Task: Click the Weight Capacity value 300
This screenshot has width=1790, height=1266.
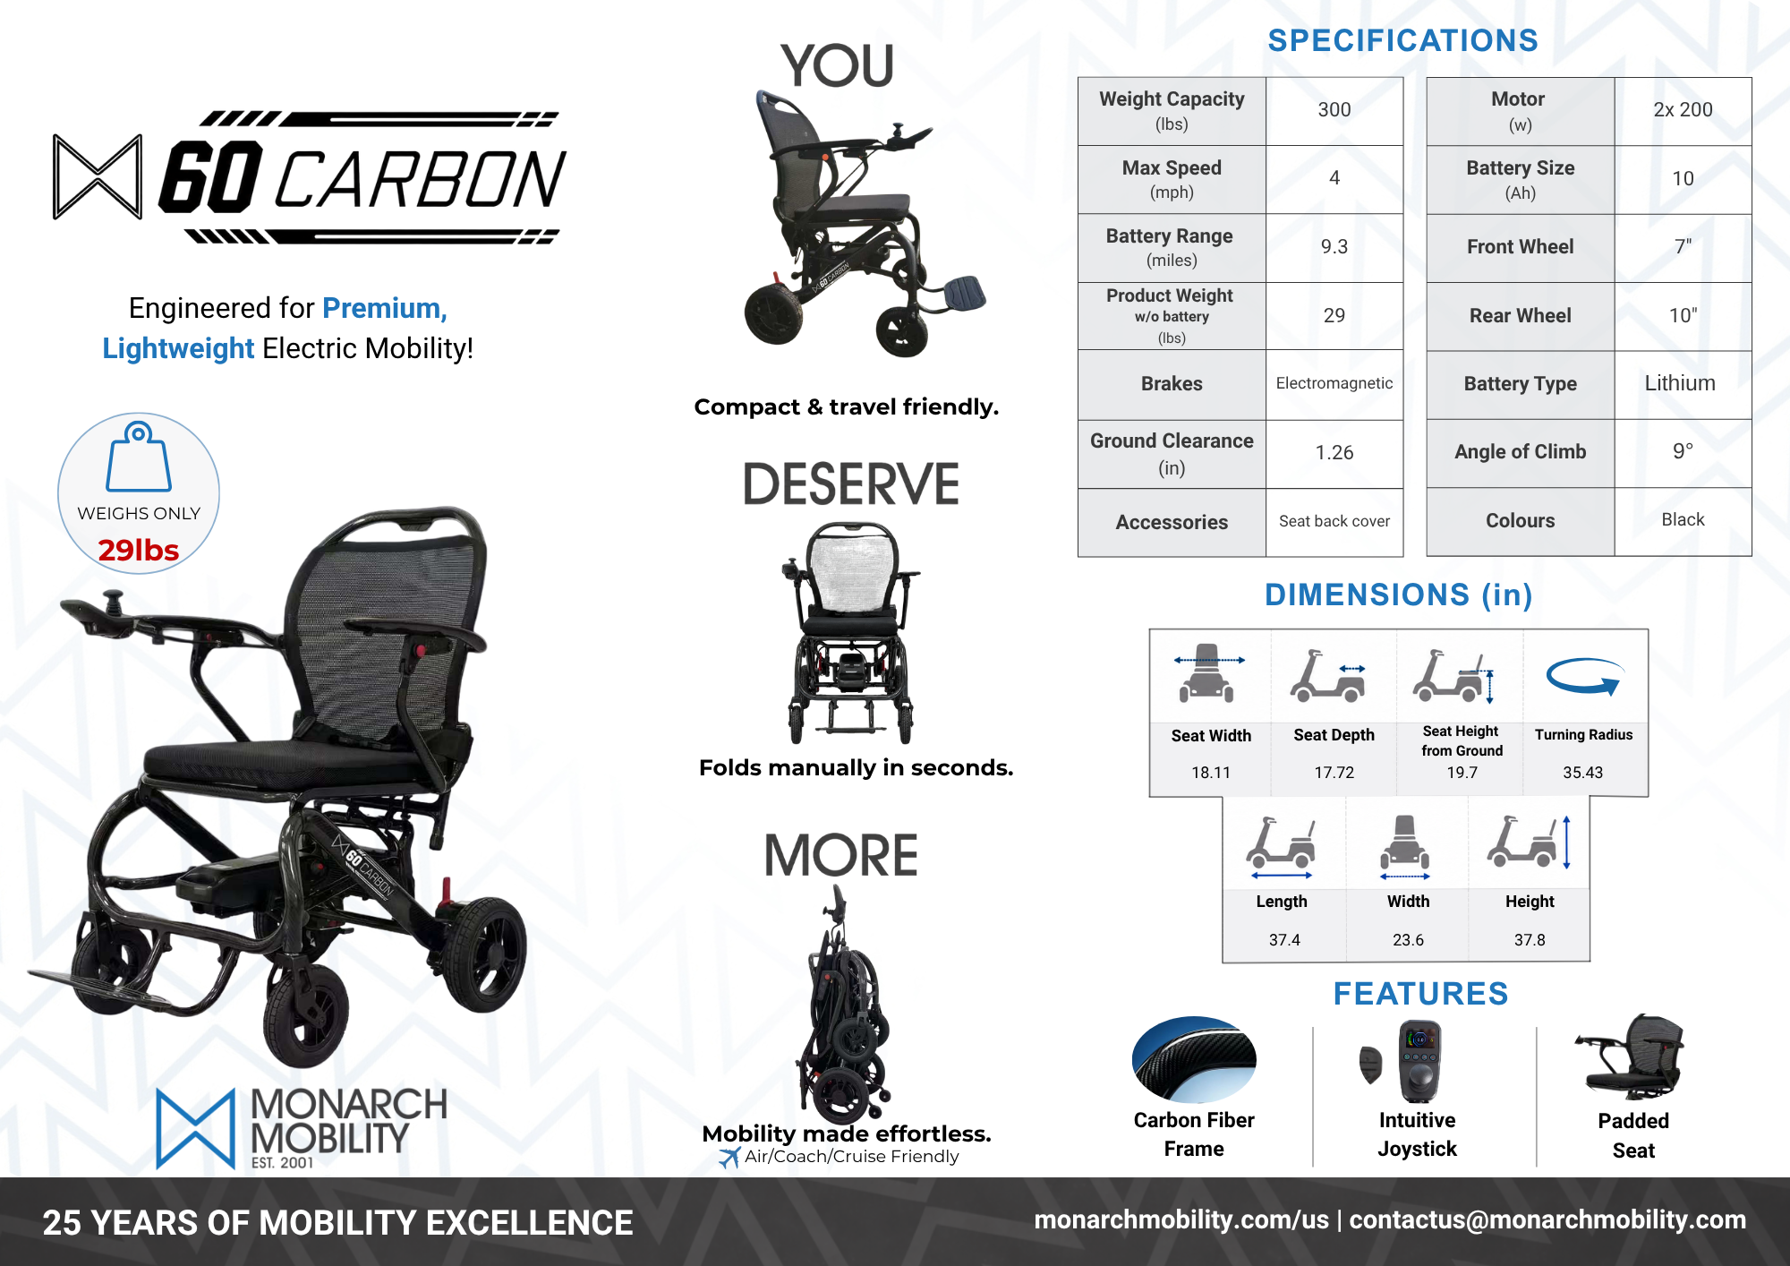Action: click(x=1334, y=110)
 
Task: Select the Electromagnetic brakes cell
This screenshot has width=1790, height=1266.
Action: click(x=1334, y=383)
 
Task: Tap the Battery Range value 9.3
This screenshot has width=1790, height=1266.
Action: click(x=1334, y=247)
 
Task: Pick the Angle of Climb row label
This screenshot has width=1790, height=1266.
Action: click(x=1520, y=452)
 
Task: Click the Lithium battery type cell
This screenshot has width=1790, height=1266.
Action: click(x=1680, y=383)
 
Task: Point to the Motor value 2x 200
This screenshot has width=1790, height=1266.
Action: click(x=1683, y=110)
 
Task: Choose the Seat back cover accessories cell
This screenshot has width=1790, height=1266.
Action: click(x=1334, y=521)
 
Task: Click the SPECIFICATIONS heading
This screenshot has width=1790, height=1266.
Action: click(x=1402, y=40)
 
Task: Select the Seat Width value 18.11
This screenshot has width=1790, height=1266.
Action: click(x=1210, y=773)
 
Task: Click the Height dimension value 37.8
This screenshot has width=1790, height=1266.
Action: click(x=1530, y=940)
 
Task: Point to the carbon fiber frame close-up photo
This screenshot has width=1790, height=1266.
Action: click(x=1194, y=1059)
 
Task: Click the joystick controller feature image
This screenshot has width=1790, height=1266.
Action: click(x=1418, y=1062)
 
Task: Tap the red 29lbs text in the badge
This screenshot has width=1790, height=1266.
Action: click(x=139, y=550)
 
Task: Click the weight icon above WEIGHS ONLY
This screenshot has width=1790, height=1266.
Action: click(x=139, y=457)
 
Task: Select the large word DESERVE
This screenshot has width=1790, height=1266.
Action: click(x=850, y=484)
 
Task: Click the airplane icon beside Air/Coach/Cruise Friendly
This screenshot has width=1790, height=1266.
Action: click(x=729, y=1158)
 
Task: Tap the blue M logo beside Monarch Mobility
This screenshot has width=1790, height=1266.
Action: click(x=195, y=1128)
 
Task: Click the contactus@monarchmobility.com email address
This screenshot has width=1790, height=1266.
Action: click(x=1547, y=1219)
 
